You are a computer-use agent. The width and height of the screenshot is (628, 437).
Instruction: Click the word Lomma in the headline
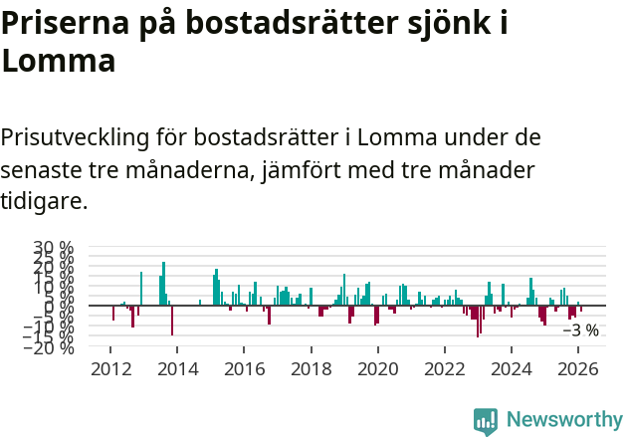coord(59,61)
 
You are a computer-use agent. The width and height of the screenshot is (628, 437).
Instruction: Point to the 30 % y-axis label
coord(53,247)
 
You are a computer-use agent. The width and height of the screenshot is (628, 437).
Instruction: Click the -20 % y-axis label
coord(50,347)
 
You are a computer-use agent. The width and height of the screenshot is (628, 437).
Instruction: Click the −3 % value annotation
coord(581,330)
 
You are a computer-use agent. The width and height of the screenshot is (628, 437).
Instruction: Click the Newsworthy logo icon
coord(486,421)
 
